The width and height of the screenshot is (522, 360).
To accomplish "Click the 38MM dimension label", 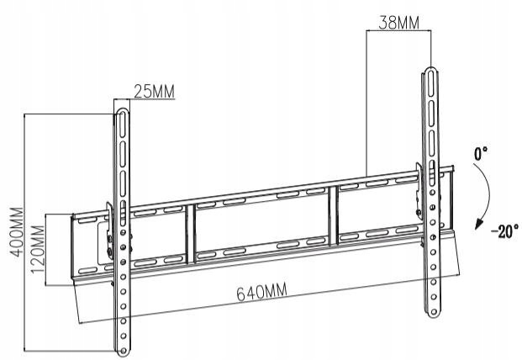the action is (398, 23).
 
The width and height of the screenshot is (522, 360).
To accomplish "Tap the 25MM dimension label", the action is (154, 91).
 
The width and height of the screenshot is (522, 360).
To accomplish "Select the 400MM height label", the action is (16, 232).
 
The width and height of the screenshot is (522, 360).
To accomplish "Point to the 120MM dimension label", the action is (38, 249).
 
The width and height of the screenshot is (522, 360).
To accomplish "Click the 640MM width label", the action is (261, 292).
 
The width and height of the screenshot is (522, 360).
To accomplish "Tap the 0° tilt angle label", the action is (481, 154).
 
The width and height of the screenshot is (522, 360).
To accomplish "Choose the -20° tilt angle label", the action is (504, 231).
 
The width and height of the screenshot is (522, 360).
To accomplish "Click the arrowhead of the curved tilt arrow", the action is (479, 224).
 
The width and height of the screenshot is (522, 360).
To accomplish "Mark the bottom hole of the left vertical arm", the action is (124, 351).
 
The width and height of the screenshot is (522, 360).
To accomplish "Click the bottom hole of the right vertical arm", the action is (434, 312).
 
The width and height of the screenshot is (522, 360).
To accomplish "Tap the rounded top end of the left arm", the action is (122, 112).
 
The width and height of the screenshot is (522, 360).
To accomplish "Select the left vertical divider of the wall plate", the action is (190, 234).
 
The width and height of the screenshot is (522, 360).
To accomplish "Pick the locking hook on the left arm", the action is (109, 230).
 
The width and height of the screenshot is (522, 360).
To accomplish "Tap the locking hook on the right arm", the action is (419, 190).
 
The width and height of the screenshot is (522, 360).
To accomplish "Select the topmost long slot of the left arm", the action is (123, 124).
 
